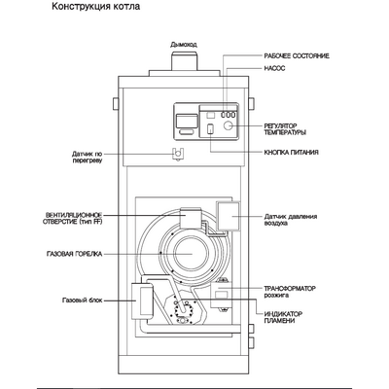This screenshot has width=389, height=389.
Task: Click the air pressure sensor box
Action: click(230, 215)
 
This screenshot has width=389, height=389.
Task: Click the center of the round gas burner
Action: click(189, 256)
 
